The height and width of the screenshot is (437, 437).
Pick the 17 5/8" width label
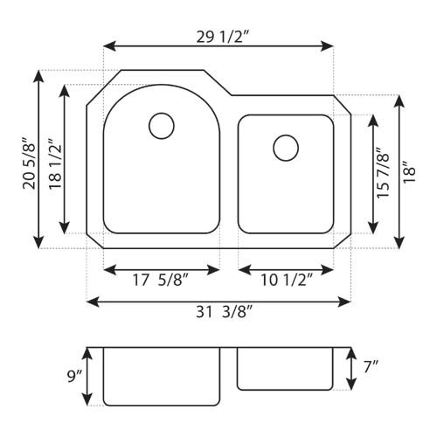161,281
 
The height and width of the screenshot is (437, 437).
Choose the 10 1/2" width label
287,281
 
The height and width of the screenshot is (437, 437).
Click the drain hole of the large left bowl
162,126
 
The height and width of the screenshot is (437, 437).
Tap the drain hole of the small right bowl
285,148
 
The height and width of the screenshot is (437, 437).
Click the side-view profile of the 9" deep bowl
161,376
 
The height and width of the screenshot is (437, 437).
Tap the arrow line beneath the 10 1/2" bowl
286,267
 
